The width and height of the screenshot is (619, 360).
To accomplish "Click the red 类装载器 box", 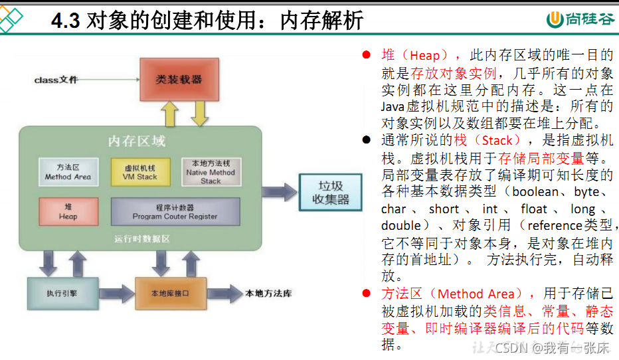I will pos(179,79).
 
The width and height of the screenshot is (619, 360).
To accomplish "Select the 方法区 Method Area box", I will pos(68,172).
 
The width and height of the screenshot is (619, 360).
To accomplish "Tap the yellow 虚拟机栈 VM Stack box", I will pos(140,172).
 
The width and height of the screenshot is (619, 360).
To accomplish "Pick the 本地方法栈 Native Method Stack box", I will pos(211,171).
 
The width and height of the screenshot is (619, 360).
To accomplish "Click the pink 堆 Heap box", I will pos(68,212).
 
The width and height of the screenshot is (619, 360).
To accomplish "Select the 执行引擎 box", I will pos(62,293).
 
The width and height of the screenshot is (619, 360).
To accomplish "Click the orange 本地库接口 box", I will pos(168,293).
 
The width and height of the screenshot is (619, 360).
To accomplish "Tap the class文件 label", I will pos(56,80).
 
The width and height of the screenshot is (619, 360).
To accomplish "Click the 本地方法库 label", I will pos(270,293).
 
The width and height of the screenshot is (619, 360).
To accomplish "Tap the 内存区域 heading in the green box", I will pos(137,141).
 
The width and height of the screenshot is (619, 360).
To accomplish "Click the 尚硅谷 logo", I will pos(580,20).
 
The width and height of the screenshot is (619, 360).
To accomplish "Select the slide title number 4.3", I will pos(65,21).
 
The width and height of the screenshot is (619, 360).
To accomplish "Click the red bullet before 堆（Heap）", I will pos(366,55).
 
